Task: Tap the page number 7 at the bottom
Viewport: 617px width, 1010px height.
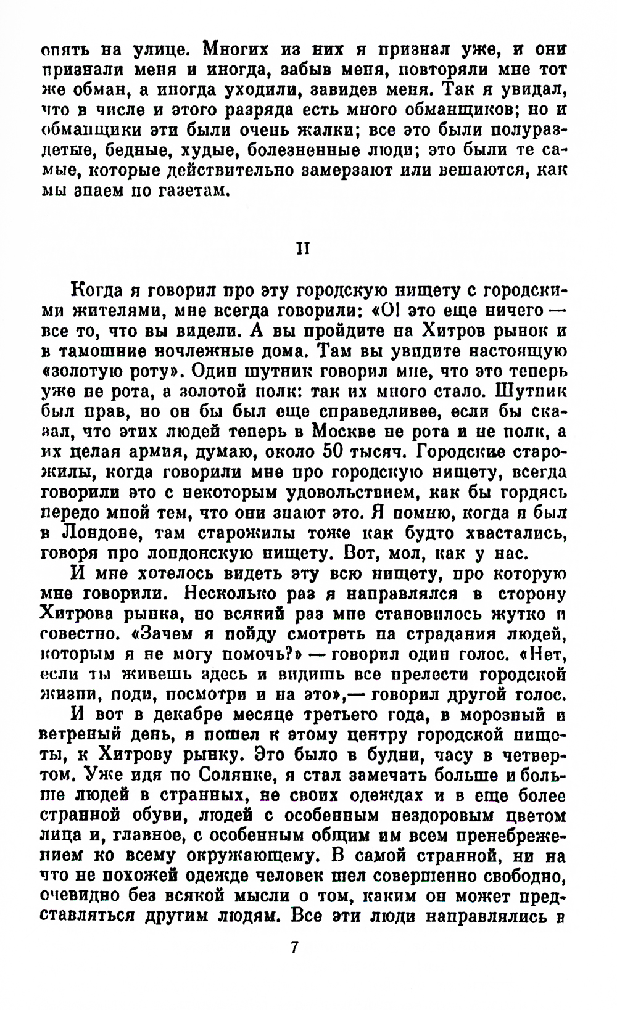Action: coord(294,946)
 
